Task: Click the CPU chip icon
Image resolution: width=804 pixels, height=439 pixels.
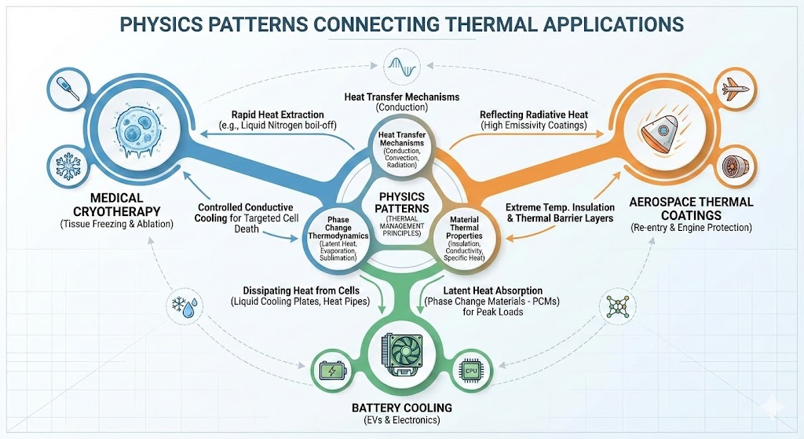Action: (x=471, y=369)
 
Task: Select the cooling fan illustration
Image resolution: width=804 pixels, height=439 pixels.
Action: (x=401, y=353)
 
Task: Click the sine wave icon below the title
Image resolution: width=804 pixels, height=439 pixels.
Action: (x=401, y=62)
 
